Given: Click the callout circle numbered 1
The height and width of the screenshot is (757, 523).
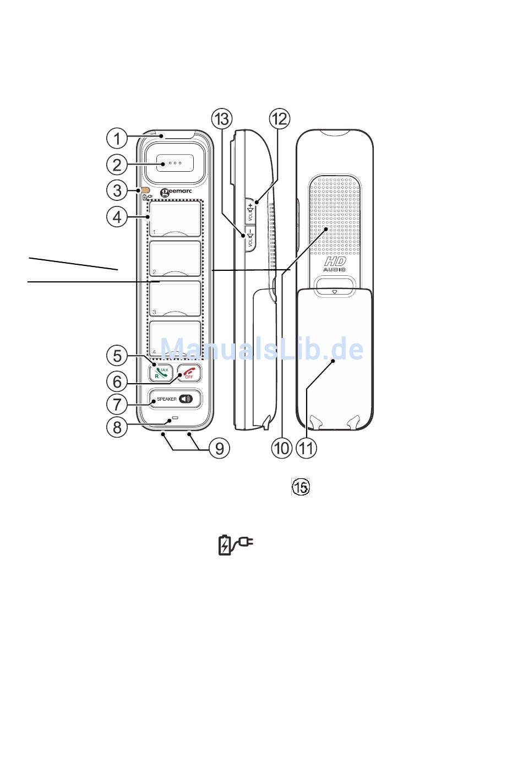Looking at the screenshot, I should pyautogui.click(x=117, y=138).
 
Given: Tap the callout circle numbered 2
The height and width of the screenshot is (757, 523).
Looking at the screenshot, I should pyautogui.click(x=117, y=164).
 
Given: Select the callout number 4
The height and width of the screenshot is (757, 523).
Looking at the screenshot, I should pyautogui.click(x=117, y=217).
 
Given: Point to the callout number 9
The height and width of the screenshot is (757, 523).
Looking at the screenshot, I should pyautogui.click(x=219, y=448).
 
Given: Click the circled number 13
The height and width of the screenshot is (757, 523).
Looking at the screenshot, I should pyautogui.click(x=222, y=118).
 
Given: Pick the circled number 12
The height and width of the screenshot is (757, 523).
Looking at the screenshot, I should pyautogui.click(x=279, y=118).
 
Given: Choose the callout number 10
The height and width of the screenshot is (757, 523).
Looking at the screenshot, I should pyautogui.click(x=281, y=448).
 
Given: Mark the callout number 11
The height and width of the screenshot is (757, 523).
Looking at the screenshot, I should pyautogui.click(x=307, y=448).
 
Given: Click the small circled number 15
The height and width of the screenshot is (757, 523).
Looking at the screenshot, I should pyautogui.click(x=301, y=487).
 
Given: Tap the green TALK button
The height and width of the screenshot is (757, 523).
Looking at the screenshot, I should pyautogui.click(x=161, y=373).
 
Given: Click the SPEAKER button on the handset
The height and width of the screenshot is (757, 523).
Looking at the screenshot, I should pyautogui.click(x=175, y=399).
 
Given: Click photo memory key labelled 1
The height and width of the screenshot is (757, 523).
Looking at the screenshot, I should pyautogui.click(x=175, y=219).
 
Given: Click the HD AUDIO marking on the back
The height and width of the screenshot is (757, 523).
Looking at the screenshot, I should pyautogui.click(x=334, y=264).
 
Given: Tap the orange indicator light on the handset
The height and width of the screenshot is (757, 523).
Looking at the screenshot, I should pyautogui.click(x=146, y=190).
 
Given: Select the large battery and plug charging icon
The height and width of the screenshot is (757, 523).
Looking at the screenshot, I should pyautogui.click(x=235, y=544).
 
